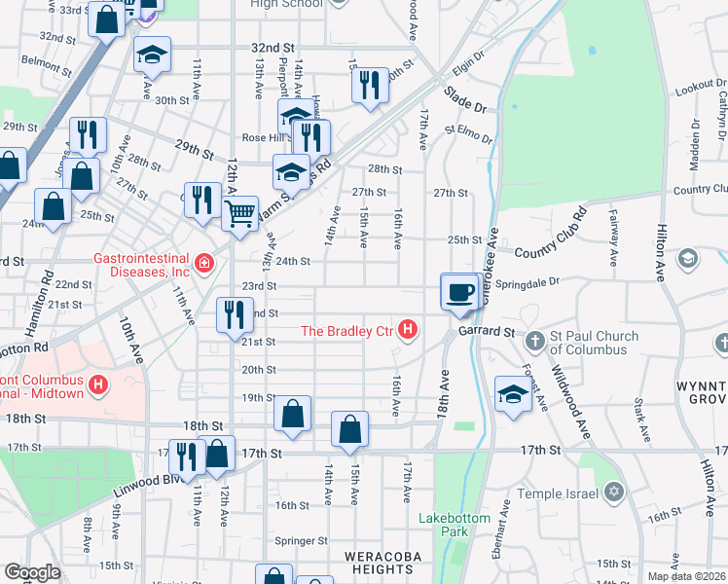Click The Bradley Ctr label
tap(346, 332)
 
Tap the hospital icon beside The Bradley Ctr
tap(409, 332)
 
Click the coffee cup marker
tap(458, 291)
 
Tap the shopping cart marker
tap(239, 212)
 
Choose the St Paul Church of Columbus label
tap(591, 343)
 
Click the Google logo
tap(32, 572)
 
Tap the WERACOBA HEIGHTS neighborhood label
tap(378, 562)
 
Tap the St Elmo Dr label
tap(469, 132)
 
